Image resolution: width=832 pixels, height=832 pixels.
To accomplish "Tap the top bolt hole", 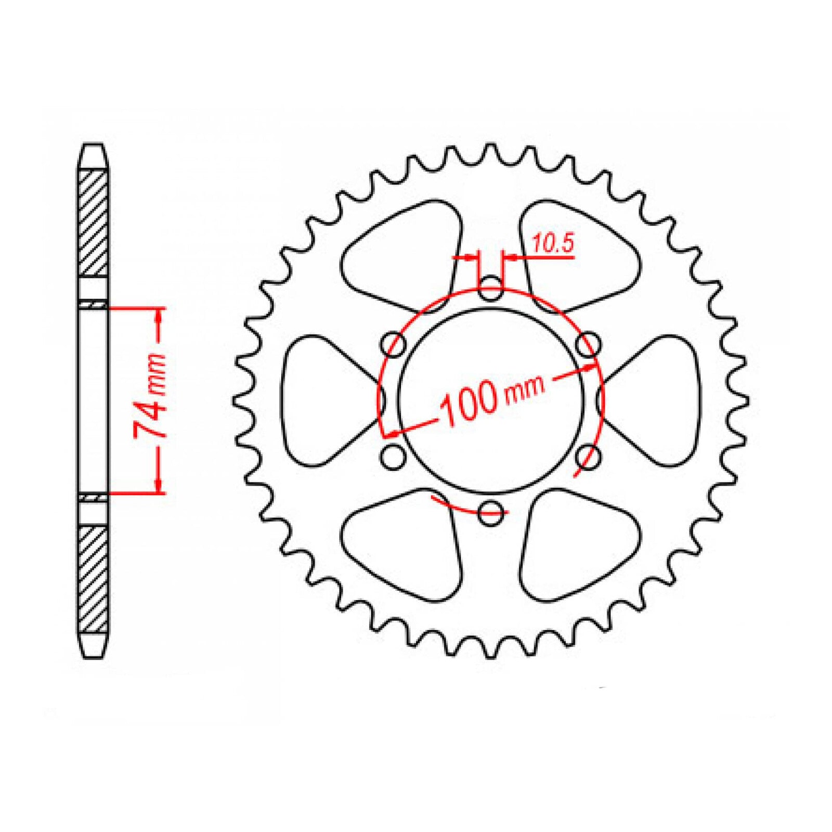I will (490, 290).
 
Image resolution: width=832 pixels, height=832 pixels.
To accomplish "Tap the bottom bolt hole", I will (490, 513).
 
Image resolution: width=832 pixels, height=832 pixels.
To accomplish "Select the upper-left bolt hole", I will (394, 345).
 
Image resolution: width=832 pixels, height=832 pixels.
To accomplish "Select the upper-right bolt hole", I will (588, 345).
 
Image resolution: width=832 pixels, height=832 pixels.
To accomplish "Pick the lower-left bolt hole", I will (394, 457).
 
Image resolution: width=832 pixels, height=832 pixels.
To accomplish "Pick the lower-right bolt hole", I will (588, 457).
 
